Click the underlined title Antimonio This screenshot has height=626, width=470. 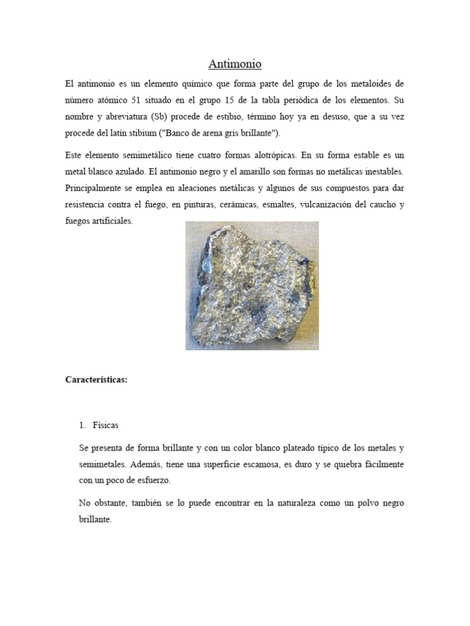pos(234,64)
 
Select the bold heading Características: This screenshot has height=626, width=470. pos(96,380)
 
